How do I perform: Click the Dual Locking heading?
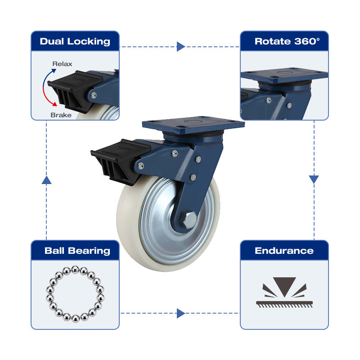[x=75, y=41]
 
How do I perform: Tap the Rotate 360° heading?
[x=287, y=41]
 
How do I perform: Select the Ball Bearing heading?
[x=77, y=251]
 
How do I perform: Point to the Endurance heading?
[x=284, y=251]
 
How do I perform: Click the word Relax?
[x=62, y=64]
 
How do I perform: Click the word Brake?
[x=61, y=115]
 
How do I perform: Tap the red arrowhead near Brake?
[x=54, y=104]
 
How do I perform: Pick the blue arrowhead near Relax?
[x=54, y=71]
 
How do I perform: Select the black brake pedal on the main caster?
[x=119, y=161]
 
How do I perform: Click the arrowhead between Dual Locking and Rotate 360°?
[x=181, y=47]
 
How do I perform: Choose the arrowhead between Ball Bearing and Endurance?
[x=181, y=313]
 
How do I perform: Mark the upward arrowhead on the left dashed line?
[x=46, y=180]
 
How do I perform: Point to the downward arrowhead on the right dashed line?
[x=314, y=179]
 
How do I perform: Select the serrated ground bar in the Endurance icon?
[x=284, y=304]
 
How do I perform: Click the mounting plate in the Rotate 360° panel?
[x=284, y=75]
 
